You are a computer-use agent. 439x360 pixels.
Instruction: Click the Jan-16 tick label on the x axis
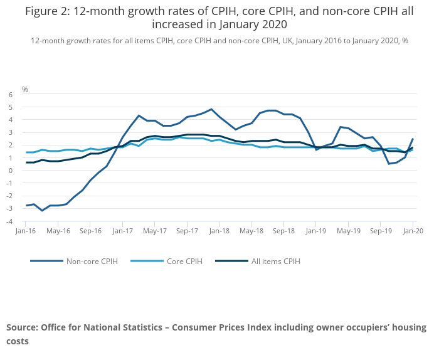26,231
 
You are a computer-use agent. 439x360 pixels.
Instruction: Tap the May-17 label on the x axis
155,231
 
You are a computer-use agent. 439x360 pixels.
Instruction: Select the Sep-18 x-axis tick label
284,231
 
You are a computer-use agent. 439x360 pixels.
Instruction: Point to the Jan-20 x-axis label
413,231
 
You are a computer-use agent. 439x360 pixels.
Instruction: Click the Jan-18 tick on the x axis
219,231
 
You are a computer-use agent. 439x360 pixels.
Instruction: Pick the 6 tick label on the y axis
11,95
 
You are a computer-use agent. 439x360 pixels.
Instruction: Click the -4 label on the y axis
9,221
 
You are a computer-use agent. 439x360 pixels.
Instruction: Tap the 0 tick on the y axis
11,171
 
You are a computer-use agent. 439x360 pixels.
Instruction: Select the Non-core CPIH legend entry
90,261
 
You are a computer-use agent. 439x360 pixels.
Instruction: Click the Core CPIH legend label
184,261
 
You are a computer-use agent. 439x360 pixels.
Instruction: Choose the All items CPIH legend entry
275,261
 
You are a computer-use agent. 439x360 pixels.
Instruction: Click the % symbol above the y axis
25,90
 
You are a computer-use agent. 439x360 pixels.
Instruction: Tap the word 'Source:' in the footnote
23,328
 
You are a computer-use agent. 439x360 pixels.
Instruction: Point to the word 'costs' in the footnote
18,342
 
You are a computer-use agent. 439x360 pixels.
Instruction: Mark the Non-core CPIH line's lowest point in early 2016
42,210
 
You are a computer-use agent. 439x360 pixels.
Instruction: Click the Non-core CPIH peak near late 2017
211,109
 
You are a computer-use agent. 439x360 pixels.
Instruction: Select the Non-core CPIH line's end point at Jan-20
413,139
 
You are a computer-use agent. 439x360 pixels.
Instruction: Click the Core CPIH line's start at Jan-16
26,152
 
